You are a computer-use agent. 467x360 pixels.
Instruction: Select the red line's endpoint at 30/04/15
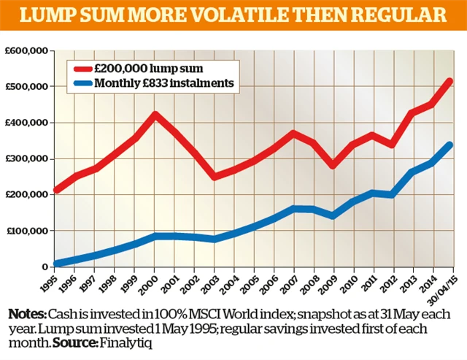click(x=450, y=81)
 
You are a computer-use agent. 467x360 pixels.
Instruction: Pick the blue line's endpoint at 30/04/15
click(x=450, y=145)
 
